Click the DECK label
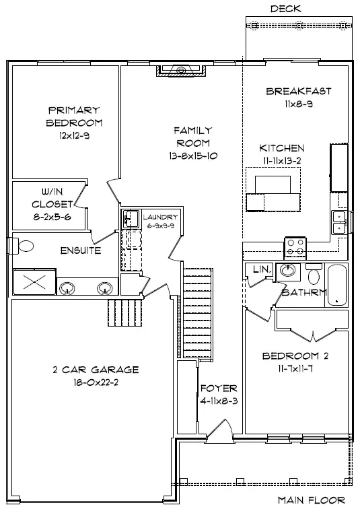coord(285,9)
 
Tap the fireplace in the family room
coord(181,71)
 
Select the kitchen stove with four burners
coord(295,247)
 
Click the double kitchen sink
coord(338,222)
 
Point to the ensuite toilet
coord(23,246)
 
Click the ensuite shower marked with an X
coord(35,282)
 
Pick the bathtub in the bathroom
coord(337,285)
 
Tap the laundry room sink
coord(130,219)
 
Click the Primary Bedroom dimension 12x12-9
coord(74,135)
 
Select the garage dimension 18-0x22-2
coord(96,382)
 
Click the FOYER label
coord(219,388)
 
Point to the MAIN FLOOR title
coord(312,500)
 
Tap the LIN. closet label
coord(263,269)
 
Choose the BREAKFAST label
coord(299,91)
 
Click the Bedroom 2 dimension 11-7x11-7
coord(295,368)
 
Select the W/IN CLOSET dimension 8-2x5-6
coord(52,217)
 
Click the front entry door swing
coord(220,430)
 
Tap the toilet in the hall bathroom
coord(314,274)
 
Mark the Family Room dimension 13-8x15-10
coord(193,156)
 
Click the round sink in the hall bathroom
coord(287,270)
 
